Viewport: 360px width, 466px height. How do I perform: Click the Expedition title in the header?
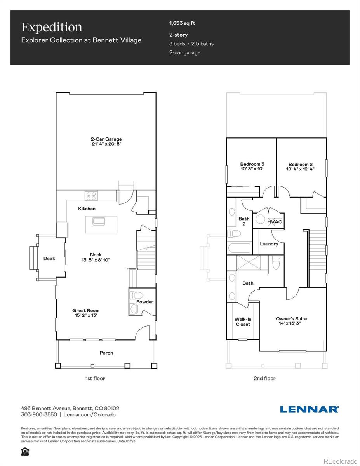tap(52, 27)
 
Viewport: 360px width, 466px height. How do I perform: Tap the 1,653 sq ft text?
tap(182, 23)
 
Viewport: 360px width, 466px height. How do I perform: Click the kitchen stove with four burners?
tap(91, 195)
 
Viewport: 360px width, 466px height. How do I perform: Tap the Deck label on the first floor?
tap(49, 259)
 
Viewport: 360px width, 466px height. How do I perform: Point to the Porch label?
tap(106, 353)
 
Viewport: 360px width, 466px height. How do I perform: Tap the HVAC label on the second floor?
tap(274, 222)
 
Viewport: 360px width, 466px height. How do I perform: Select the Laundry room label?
tap(269, 244)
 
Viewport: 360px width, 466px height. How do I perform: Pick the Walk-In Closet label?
tap(243, 322)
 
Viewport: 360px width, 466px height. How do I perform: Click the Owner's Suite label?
tap(291, 321)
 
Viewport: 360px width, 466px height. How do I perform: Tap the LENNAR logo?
tap(309, 409)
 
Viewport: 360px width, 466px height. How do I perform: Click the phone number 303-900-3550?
tap(39, 414)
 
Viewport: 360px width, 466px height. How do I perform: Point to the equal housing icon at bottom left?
tap(25, 451)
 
